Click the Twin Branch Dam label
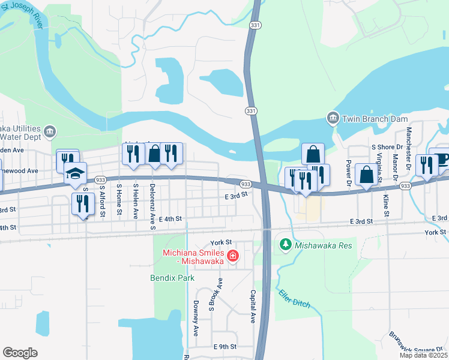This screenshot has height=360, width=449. pyautogui.click(x=366, y=119)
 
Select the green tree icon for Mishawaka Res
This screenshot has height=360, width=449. pyautogui.click(x=286, y=245)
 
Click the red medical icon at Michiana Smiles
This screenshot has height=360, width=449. pyautogui.click(x=232, y=257)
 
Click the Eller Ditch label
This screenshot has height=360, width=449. pyautogui.click(x=294, y=298)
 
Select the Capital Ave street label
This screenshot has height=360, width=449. pyautogui.click(x=253, y=306)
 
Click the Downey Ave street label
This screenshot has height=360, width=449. pyautogui.click(x=196, y=318)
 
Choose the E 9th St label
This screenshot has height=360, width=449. pyautogui.click(x=225, y=347)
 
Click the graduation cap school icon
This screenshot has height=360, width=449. pyautogui.click(x=76, y=174)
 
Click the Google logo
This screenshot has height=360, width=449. pyautogui.click(x=20, y=353)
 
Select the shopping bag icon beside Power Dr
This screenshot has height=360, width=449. pyautogui.click(x=366, y=175)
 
